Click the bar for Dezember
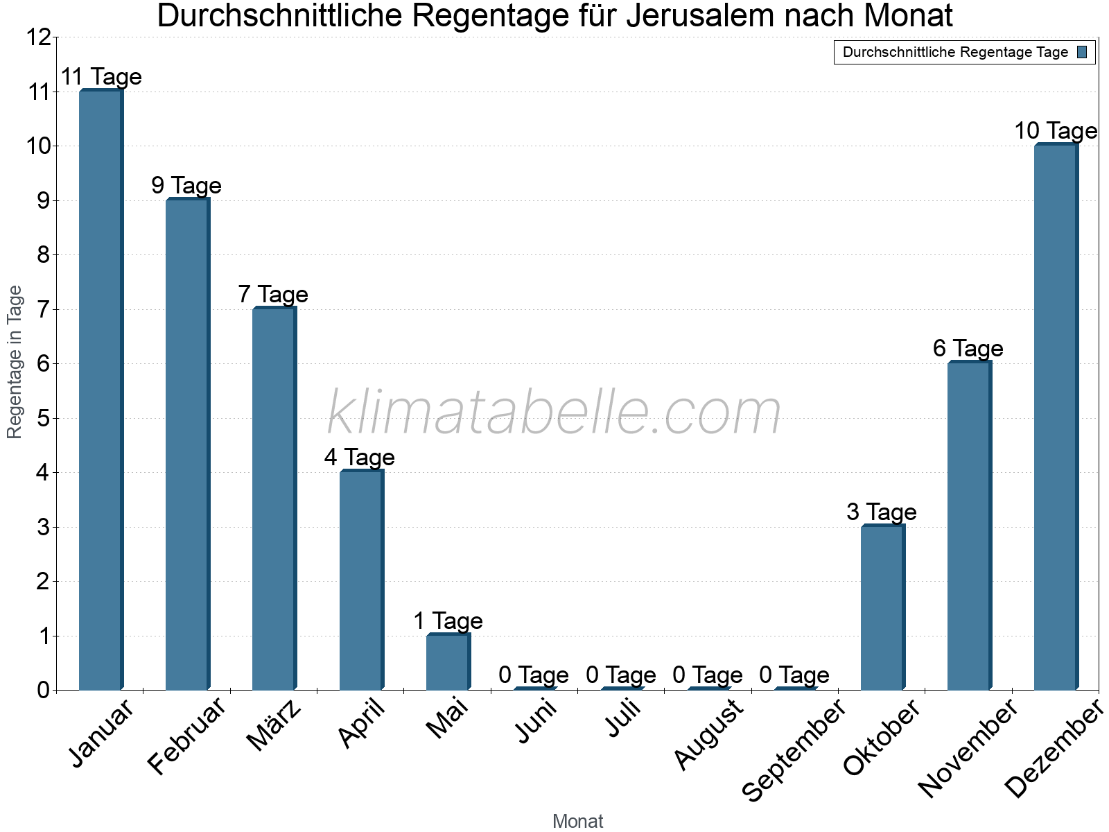(x=1056, y=417)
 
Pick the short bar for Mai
(x=448, y=662)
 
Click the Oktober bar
(x=882, y=607)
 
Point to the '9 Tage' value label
(x=186, y=186)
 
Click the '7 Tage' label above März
(x=273, y=295)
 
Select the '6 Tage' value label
(x=968, y=349)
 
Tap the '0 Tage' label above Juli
(x=621, y=675)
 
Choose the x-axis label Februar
(x=187, y=736)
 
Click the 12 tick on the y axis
(x=38, y=37)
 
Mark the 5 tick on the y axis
(x=43, y=419)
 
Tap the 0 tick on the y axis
(x=43, y=691)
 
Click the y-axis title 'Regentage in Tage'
(x=15, y=362)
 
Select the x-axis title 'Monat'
(x=577, y=821)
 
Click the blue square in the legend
(x=1082, y=52)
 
